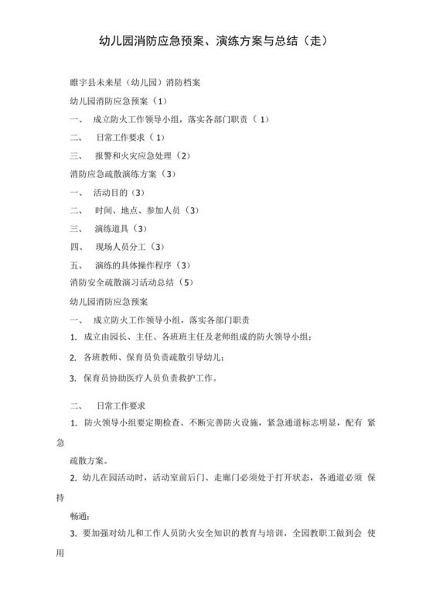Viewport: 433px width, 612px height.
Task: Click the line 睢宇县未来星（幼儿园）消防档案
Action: (x=136, y=81)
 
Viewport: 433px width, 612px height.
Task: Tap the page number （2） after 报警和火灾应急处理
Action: (x=184, y=156)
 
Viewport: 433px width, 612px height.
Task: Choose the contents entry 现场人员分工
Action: (x=119, y=247)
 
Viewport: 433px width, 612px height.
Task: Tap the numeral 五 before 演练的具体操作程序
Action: (x=75, y=265)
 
